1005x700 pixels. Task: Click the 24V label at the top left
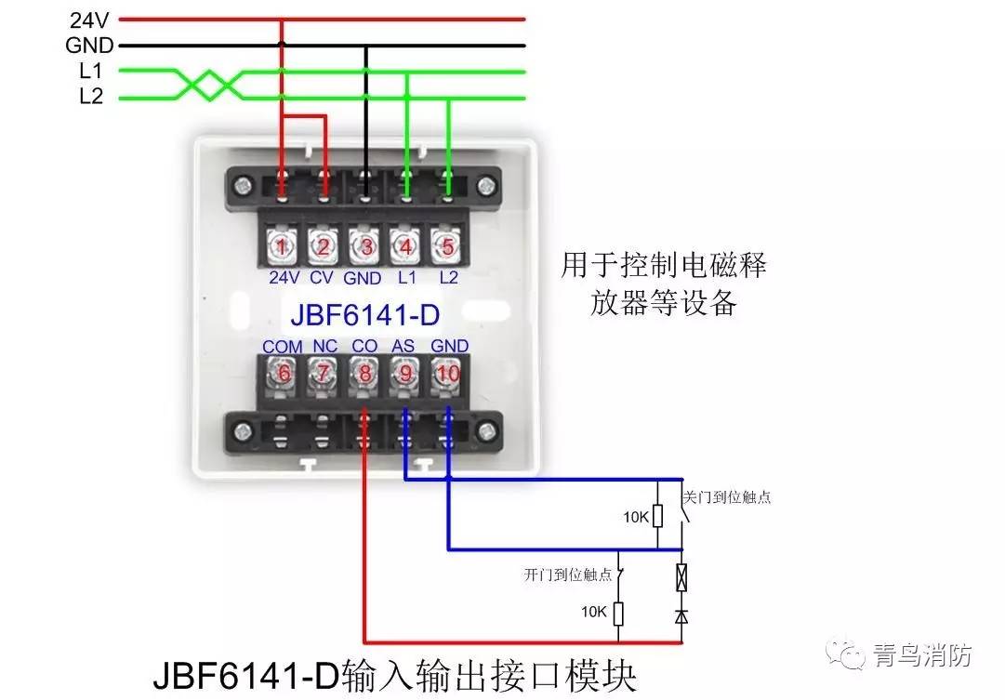point(90,19)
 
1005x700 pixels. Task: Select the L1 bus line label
point(91,71)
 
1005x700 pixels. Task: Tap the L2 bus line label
point(91,97)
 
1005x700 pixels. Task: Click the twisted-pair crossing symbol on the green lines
point(209,85)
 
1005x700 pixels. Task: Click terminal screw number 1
point(281,246)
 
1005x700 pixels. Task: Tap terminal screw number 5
point(448,246)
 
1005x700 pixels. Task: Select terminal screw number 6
point(282,374)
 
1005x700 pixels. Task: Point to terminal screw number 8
point(364,374)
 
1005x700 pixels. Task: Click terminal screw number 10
point(449,374)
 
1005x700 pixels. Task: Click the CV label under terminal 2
point(322,277)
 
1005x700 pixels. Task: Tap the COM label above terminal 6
point(282,346)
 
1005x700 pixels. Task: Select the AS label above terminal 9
point(403,346)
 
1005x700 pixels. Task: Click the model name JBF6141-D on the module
point(364,314)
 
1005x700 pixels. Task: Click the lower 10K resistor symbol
point(619,613)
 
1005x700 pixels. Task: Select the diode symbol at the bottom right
point(681,614)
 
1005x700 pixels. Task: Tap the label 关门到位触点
point(727,497)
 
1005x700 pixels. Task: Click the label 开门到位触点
point(568,575)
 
